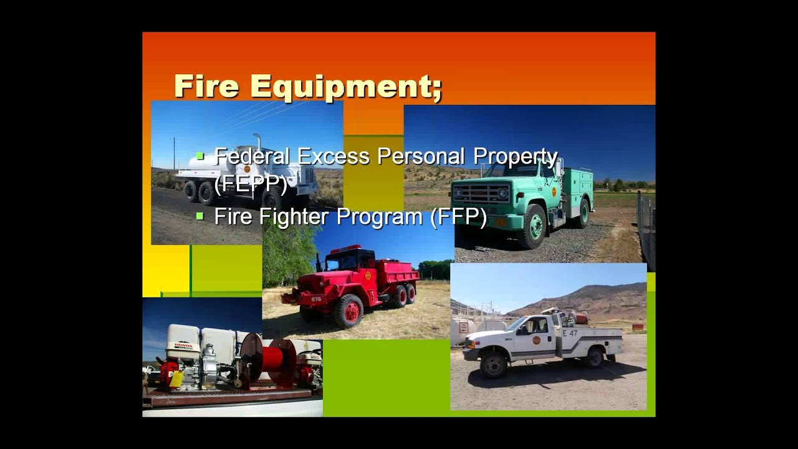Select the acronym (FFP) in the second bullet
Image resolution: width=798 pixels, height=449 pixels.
pos(458,216)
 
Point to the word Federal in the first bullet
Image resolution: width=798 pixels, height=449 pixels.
pos(252,156)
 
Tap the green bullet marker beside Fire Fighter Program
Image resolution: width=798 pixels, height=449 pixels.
pos(200,216)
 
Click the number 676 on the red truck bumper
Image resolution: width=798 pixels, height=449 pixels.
pos(316,299)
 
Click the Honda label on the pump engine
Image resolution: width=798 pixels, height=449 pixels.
pos(183,345)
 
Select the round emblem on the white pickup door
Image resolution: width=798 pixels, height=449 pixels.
pos(536,340)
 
